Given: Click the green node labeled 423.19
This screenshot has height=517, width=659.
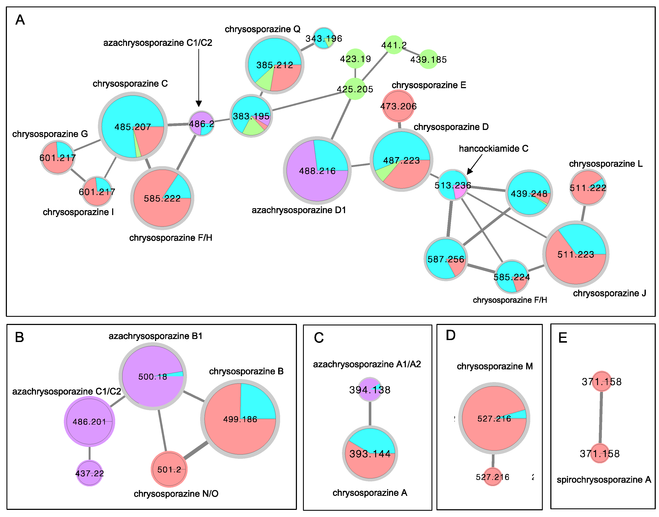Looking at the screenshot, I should click(355, 58).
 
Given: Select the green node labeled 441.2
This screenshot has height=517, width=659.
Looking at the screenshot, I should click(394, 45).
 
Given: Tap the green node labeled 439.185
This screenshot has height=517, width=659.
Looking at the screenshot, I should click(428, 59).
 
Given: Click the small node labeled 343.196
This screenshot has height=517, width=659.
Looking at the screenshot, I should click(324, 38).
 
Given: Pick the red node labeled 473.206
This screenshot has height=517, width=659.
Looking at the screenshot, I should click(398, 106).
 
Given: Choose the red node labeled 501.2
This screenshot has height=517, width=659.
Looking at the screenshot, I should click(169, 469).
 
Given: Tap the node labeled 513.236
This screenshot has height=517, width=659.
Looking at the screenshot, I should click(453, 185).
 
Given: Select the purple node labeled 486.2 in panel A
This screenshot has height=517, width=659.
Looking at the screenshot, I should click(201, 123).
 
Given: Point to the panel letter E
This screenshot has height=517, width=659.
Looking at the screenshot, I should click(563, 338).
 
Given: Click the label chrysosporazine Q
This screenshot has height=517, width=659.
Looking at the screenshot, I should click(262, 29).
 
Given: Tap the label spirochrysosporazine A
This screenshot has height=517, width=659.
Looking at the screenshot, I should click(604, 480).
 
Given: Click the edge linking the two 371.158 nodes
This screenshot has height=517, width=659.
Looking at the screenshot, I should click(601, 418).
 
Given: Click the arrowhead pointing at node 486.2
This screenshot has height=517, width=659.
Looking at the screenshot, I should click(199, 104).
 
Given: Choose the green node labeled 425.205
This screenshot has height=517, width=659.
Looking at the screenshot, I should click(355, 89).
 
